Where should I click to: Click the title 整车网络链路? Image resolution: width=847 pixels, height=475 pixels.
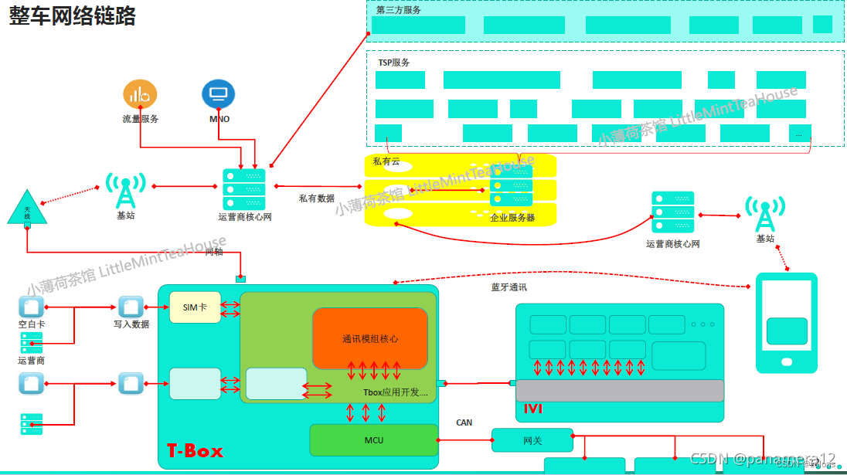[73, 16]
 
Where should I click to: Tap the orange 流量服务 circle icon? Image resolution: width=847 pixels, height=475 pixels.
[140, 94]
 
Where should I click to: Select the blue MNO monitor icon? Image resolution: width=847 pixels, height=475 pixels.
[218, 94]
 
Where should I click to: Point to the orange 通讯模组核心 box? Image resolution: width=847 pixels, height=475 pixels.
[370, 338]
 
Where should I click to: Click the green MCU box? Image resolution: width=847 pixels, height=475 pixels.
[373, 440]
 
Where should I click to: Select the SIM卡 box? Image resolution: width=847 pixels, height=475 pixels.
[195, 307]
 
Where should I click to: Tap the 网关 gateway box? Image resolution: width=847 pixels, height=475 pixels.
[532, 439]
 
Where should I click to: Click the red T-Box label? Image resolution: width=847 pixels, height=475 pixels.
[195, 451]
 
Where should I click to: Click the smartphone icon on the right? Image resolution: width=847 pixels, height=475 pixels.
[787, 322]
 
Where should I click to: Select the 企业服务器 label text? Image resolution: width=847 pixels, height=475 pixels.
[512, 218]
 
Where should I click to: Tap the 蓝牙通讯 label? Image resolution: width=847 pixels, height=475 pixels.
[509, 287]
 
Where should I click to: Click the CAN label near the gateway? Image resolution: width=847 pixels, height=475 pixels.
[464, 422]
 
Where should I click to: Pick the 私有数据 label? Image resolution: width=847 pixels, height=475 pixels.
[317, 198]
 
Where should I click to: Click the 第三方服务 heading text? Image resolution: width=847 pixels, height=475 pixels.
[398, 10]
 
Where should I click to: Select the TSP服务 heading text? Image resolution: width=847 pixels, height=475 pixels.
[394, 63]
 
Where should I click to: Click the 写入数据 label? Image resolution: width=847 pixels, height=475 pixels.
[131, 324]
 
